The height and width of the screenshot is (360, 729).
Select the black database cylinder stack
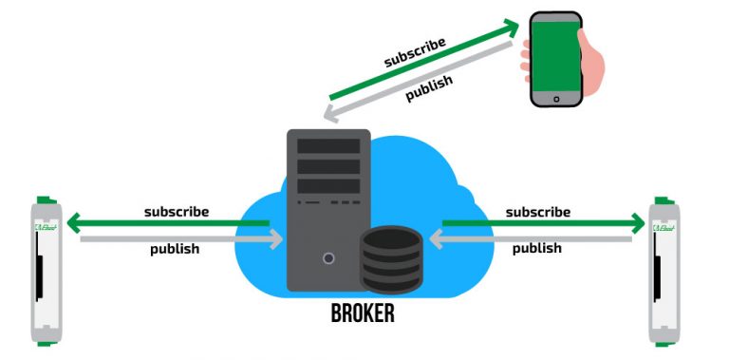tap(391, 260)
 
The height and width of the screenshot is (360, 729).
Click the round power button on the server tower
tap(328, 257)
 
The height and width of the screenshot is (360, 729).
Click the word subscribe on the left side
tap(177, 211)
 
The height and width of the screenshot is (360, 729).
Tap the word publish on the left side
tap(176, 250)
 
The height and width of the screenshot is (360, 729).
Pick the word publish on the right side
tap(537, 249)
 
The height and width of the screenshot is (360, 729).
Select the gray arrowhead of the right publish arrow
tap(439, 238)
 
